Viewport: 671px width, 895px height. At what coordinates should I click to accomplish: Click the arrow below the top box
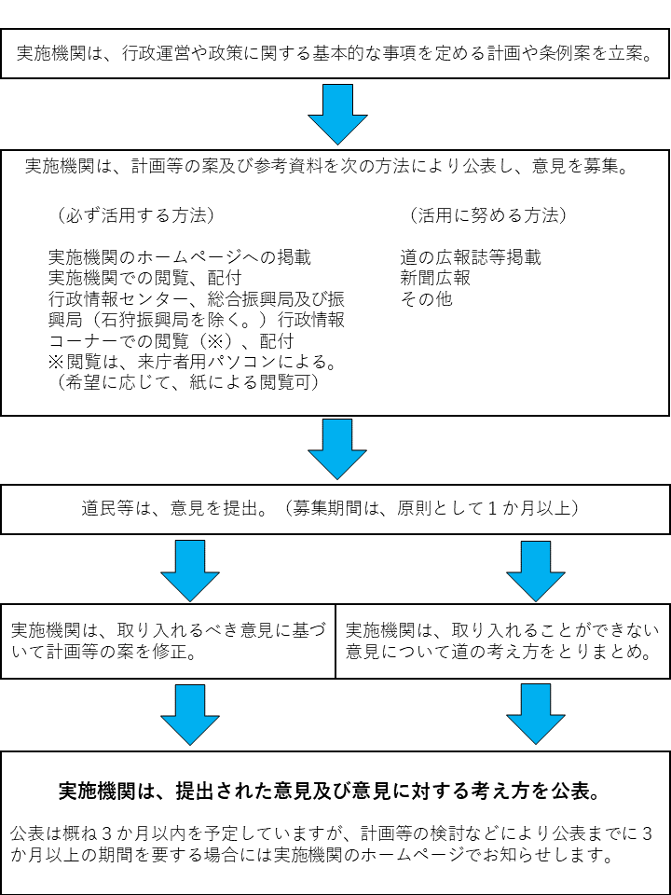click(x=336, y=113)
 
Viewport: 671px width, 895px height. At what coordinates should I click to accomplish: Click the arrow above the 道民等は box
click(x=336, y=447)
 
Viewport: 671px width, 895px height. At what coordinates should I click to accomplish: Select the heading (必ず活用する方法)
click(x=135, y=215)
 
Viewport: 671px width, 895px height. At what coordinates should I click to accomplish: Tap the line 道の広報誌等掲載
click(x=471, y=257)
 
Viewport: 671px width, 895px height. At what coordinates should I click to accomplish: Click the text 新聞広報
click(x=435, y=278)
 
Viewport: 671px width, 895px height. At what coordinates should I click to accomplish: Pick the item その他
click(x=426, y=299)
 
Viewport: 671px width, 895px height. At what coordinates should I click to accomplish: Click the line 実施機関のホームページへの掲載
click(x=179, y=257)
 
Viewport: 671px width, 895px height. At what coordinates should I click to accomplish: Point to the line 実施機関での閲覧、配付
click(x=144, y=278)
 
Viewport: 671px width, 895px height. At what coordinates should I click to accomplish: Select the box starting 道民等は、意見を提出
click(x=335, y=509)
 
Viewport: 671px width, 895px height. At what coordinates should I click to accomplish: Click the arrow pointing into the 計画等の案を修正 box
click(x=189, y=570)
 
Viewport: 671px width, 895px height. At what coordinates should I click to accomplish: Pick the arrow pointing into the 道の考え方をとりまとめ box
click(x=535, y=570)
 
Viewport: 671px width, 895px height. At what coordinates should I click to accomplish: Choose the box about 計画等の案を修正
click(x=168, y=641)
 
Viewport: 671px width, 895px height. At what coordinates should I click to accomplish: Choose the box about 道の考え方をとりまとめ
click(x=502, y=641)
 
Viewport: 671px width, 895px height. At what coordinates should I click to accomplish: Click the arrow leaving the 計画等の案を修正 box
click(x=189, y=713)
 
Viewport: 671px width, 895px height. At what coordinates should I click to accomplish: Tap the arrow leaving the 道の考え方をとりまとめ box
click(x=535, y=713)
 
